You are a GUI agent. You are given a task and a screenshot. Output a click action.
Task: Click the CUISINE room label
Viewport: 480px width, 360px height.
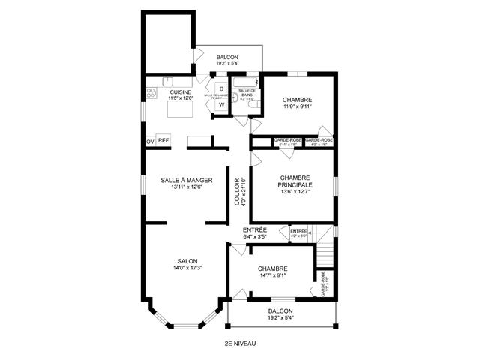180,92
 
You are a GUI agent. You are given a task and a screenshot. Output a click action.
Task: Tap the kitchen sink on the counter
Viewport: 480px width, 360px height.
169,81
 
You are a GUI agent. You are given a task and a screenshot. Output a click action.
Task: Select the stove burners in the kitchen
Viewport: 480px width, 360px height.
151,94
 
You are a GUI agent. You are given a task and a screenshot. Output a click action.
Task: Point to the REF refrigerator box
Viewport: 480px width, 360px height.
163,140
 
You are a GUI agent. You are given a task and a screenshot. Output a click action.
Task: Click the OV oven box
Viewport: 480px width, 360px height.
150,141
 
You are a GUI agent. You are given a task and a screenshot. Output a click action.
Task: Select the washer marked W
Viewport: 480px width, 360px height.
221,105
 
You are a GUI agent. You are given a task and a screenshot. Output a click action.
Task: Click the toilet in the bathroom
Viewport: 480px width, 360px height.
253,107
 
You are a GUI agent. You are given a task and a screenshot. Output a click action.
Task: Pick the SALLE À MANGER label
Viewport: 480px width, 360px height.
187,180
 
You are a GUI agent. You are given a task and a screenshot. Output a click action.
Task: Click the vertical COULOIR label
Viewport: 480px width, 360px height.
236,192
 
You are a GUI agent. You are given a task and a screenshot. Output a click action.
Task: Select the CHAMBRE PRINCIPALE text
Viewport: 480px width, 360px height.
295,181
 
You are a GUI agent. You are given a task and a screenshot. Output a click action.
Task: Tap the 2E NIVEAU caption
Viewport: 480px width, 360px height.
240,343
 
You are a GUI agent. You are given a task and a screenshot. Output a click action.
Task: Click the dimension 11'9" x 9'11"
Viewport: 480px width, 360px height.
297,106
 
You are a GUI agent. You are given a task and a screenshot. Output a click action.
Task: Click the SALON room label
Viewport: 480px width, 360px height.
187,260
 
